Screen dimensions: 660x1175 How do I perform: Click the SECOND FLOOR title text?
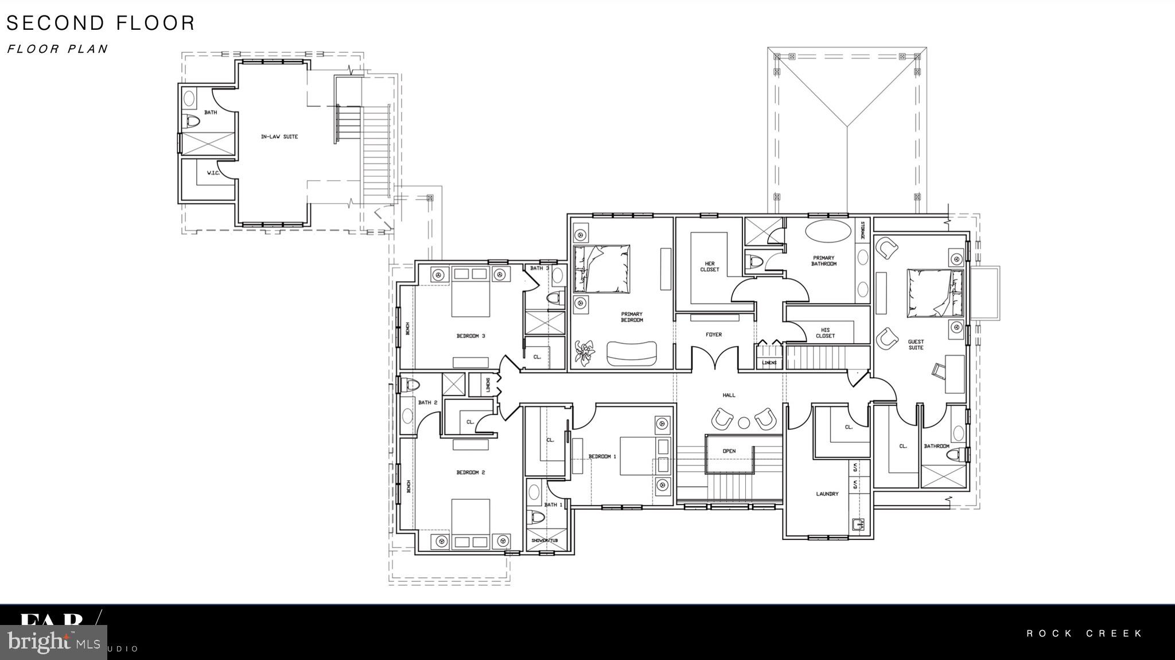[x=101, y=23]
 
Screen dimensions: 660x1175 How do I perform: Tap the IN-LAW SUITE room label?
[x=279, y=137]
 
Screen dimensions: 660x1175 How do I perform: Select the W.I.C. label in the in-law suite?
[x=213, y=173]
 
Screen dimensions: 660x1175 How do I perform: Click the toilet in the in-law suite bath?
[x=191, y=122]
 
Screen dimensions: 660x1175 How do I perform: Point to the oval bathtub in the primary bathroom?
[x=828, y=232]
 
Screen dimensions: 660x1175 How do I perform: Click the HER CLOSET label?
[x=710, y=266]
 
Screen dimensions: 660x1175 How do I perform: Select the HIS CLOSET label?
[x=825, y=333]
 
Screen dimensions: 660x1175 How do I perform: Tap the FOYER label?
[x=714, y=335]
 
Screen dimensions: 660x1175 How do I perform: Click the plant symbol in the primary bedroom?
[x=585, y=351]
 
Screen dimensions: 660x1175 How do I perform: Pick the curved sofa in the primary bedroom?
[x=632, y=353]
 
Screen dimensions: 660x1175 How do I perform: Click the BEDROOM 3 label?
[x=470, y=336]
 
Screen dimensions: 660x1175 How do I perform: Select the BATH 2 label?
[x=427, y=402]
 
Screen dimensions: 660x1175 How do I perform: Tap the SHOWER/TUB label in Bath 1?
[x=544, y=541]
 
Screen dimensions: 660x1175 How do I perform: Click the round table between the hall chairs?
[x=744, y=423]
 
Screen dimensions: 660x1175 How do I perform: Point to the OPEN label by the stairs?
[x=729, y=451]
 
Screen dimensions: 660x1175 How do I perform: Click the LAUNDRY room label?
[x=827, y=494]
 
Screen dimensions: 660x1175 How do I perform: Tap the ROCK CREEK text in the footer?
[x=1084, y=634]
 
